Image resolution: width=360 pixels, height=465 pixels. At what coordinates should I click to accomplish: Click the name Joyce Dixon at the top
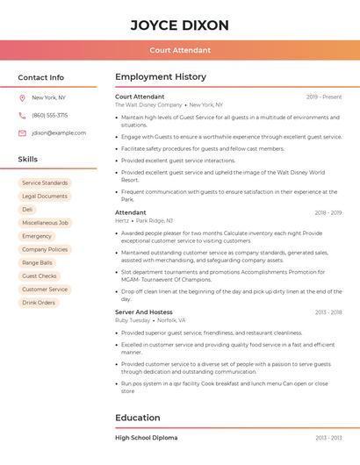tap(179, 25)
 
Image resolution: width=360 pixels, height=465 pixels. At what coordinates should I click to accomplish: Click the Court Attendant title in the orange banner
tap(179, 50)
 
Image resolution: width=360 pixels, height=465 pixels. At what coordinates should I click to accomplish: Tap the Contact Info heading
tap(40, 77)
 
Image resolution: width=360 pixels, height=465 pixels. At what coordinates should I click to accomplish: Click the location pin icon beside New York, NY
tap(22, 97)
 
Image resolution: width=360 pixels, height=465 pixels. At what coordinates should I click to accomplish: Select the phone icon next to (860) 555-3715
tap(22, 115)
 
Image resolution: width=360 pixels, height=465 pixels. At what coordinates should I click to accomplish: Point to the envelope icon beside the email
tap(22, 132)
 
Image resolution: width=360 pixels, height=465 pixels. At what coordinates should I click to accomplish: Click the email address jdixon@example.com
tap(59, 132)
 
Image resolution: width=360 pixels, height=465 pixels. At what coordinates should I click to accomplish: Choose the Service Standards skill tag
tap(44, 183)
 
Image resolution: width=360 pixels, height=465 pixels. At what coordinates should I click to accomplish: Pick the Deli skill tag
tap(27, 210)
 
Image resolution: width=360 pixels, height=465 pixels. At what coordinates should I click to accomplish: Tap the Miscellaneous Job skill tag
tap(45, 223)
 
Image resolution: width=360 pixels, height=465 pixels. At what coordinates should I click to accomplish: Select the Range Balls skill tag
tap(37, 262)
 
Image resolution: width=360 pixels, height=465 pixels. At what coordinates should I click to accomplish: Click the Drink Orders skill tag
tap(39, 303)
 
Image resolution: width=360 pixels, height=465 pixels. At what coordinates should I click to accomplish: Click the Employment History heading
tap(161, 77)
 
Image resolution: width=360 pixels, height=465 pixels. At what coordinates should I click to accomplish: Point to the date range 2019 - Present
tap(324, 97)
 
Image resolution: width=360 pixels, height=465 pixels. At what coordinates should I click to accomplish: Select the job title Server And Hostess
tap(143, 312)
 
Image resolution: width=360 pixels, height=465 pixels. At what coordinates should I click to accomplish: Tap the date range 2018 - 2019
tap(328, 212)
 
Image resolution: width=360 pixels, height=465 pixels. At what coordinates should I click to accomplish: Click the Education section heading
tap(138, 418)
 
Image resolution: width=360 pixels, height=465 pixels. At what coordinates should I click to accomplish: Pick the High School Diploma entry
tap(146, 437)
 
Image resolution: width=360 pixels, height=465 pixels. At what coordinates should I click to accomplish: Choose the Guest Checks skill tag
tap(40, 275)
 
